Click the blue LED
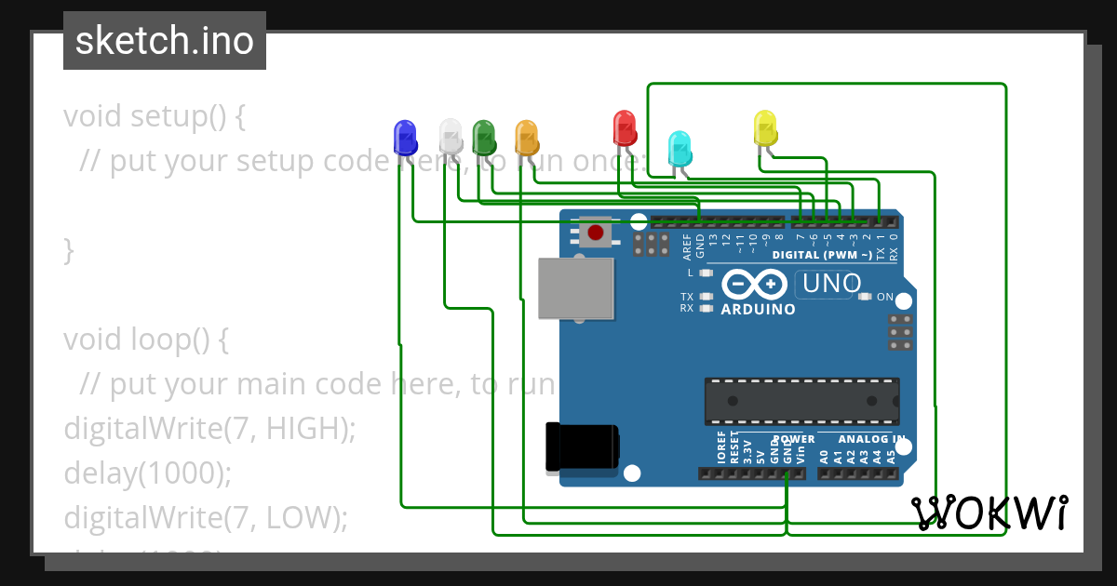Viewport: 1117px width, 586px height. click(405, 138)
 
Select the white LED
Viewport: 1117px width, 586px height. click(451, 137)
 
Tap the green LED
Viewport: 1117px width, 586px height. click(482, 138)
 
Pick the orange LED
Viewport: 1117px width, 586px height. click(527, 138)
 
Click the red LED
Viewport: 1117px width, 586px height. click(624, 127)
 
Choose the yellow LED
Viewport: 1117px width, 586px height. click(765, 128)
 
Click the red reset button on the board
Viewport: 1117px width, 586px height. click(595, 232)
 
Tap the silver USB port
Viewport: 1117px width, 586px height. click(575, 287)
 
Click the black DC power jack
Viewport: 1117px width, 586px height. click(581, 447)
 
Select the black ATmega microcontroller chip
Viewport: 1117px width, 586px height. click(801, 401)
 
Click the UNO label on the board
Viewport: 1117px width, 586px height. click(831, 284)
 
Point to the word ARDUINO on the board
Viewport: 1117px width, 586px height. click(759, 309)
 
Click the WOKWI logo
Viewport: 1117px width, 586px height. click(989, 513)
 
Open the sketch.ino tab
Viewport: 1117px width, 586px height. click(165, 41)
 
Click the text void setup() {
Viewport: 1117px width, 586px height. click(155, 116)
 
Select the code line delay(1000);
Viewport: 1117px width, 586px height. click(147, 473)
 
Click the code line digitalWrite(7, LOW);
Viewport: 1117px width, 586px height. click(205, 517)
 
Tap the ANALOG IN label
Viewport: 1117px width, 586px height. click(871, 439)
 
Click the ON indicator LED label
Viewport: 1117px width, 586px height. click(884, 298)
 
